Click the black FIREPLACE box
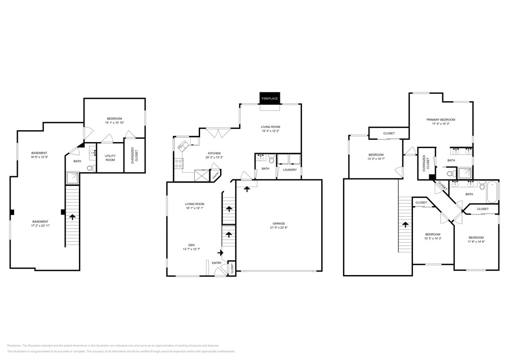pos(270,99)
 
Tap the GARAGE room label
pos(279,223)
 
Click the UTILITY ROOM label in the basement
pos(110,158)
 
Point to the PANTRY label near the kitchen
pos(216,174)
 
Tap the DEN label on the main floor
pos(192,245)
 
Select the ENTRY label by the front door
pos(217,263)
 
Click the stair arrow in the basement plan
pos(72,217)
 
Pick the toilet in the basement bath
pos(90,168)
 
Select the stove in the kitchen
pos(178,163)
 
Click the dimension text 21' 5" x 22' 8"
pos(279,228)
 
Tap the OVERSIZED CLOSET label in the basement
pos(134,155)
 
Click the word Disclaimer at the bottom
pos(14,345)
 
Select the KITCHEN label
pos(214,153)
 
